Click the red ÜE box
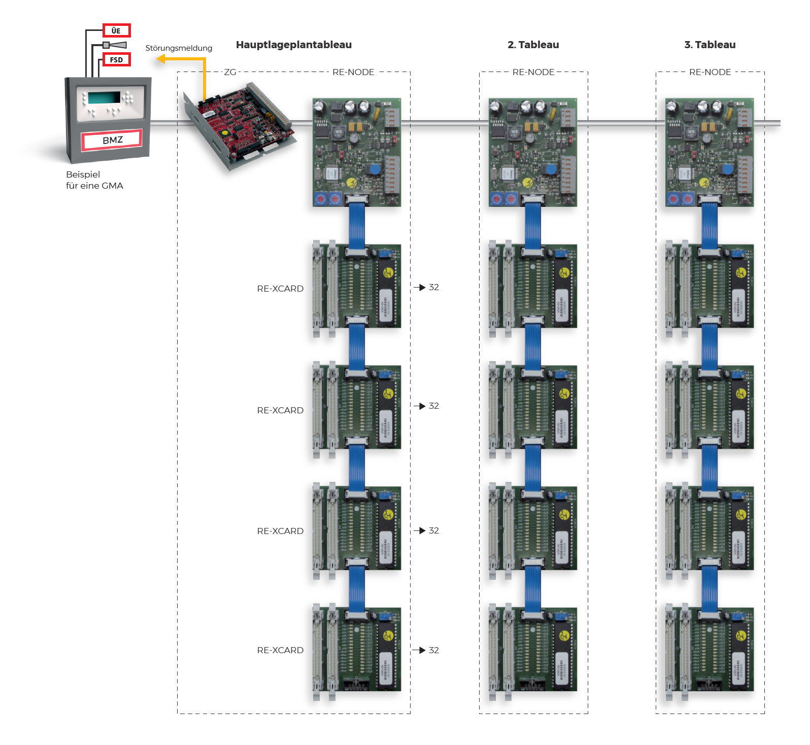(x=116, y=30)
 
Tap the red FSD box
(x=116, y=59)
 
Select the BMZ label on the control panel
(x=112, y=140)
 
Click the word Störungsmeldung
(x=179, y=48)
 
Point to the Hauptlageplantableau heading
(x=293, y=45)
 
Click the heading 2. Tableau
(x=533, y=45)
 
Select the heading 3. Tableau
(x=710, y=45)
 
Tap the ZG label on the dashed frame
(x=230, y=72)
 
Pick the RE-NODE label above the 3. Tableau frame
(x=710, y=72)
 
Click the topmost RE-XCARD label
(x=280, y=289)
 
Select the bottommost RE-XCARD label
(x=280, y=650)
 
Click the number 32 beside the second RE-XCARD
(x=434, y=406)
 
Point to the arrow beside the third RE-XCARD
(x=419, y=530)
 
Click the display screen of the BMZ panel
(x=104, y=97)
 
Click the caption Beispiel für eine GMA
(x=94, y=180)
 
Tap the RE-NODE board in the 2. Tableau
(x=532, y=152)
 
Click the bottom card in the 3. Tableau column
(x=710, y=649)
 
